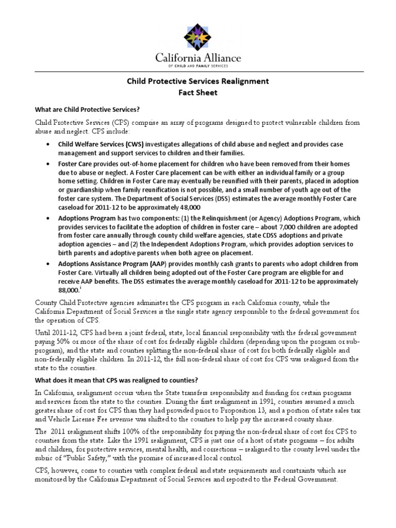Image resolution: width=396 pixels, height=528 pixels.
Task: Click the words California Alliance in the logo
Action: click(x=198, y=58)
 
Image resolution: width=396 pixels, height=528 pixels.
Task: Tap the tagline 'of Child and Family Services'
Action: click(x=198, y=67)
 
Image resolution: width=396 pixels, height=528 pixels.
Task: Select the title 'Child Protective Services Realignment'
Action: click(x=198, y=81)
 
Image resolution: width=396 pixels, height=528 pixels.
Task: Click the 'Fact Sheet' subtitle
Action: click(x=198, y=93)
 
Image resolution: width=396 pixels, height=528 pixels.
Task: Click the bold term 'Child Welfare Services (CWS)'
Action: click(x=100, y=144)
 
